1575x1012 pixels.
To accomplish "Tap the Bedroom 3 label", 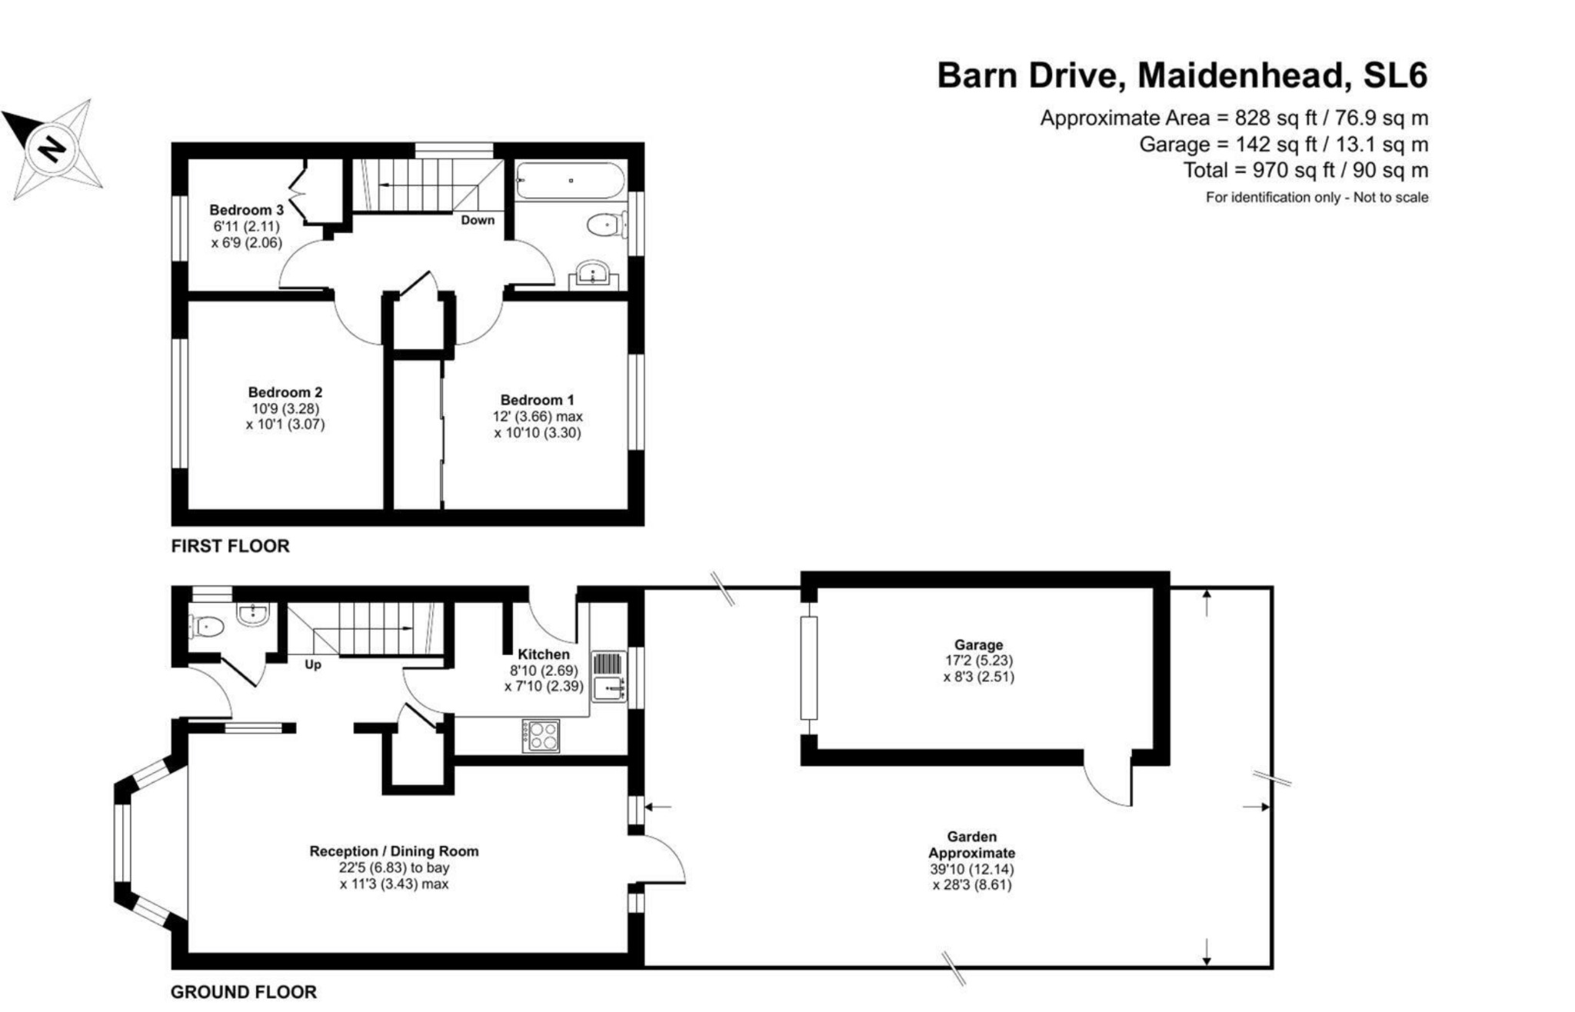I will pos(246,210).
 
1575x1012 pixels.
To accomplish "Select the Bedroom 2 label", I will pos(285,392).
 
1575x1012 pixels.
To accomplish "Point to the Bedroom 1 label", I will pos(537,400).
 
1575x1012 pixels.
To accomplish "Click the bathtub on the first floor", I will pos(570,181).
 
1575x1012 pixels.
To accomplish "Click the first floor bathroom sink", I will pos(593,274).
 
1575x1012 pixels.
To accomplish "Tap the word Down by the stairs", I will pos(478,220).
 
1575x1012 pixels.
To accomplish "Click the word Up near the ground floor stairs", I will pos(313,664).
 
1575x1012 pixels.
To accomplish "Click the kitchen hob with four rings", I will pos(541,735).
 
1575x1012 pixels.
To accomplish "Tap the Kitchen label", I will pos(544,654).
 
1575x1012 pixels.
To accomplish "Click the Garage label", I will pos(978,644).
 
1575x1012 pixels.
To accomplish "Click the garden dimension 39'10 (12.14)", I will pos(971,869).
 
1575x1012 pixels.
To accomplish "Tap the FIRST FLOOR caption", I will pos(230,546).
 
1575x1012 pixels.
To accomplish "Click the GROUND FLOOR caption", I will pos(243,992).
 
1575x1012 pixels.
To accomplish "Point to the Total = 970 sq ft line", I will pos(1305,170).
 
